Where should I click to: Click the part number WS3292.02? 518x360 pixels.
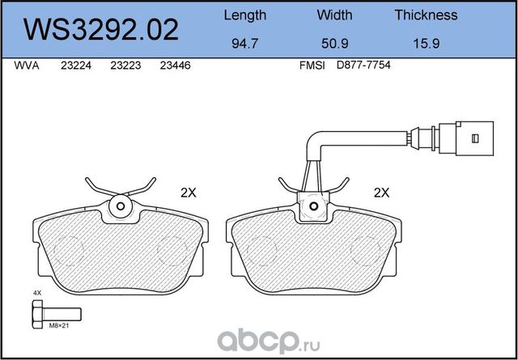[100, 30]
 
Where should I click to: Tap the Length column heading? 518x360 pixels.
[244, 15]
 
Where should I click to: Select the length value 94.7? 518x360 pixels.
[244, 43]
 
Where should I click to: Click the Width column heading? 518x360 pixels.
[334, 15]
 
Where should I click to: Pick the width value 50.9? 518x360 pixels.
[335, 43]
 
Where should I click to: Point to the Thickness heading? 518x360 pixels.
[427, 15]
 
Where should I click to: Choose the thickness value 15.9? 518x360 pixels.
[427, 43]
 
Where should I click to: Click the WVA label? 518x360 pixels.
[27, 66]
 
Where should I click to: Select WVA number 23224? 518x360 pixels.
[76, 66]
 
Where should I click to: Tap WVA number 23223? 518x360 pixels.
[125, 66]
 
